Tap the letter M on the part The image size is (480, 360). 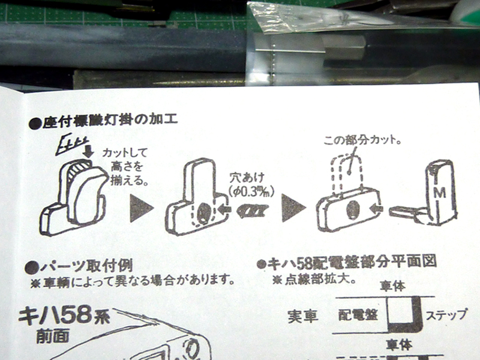click(438, 193)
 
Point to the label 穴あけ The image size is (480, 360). click(245, 177)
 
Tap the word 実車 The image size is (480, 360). click(301, 316)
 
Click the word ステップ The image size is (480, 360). click(446, 315)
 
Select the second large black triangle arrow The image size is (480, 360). click(294, 208)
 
